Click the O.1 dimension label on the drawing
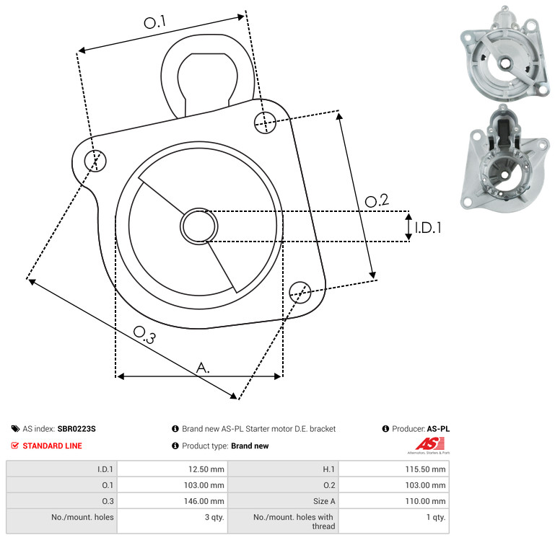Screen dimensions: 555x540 click(x=154, y=22)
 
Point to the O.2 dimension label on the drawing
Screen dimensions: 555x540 click(x=377, y=200)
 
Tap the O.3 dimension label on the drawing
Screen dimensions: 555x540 click(x=144, y=335)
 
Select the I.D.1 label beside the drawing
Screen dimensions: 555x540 click(x=428, y=228)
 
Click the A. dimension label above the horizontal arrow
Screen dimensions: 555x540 click(x=203, y=368)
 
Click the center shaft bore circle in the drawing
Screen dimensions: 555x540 click(x=199, y=226)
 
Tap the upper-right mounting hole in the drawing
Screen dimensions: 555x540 click(x=265, y=123)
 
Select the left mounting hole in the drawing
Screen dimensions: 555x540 click(x=95, y=161)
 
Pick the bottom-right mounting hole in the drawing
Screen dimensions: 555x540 click(x=300, y=293)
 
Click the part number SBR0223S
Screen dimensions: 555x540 click(x=77, y=429)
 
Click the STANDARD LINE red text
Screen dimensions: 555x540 click(x=53, y=446)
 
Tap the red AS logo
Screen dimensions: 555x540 click(x=429, y=444)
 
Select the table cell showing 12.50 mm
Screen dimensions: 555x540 click(x=172, y=469)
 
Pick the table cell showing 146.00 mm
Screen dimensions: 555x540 click(x=172, y=501)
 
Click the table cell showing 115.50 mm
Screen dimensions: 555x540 click(x=394, y=469)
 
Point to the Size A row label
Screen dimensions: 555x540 click(x=324, y=501)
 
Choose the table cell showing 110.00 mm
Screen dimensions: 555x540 click(x=394, y=501)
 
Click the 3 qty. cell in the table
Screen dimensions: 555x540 click(x=172, y=521)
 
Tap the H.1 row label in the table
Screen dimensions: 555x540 click(x=328, y=469)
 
